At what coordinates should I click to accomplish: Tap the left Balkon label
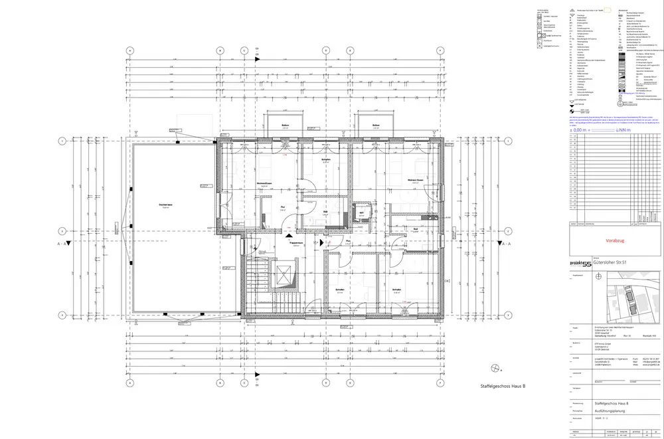click(x=285, y=126)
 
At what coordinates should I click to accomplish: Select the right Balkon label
click(x=376, y=126)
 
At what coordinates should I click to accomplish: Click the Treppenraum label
click(x=296, y=243)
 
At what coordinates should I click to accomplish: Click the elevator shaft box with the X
click(x=284, y=275)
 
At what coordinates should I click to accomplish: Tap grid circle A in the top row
click(x=130, y=50)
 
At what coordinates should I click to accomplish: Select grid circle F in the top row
click(x=438, y=50)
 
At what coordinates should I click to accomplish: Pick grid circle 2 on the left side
click(x=62, y=231)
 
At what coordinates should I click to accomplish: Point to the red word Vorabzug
click(x=615, y=240)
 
